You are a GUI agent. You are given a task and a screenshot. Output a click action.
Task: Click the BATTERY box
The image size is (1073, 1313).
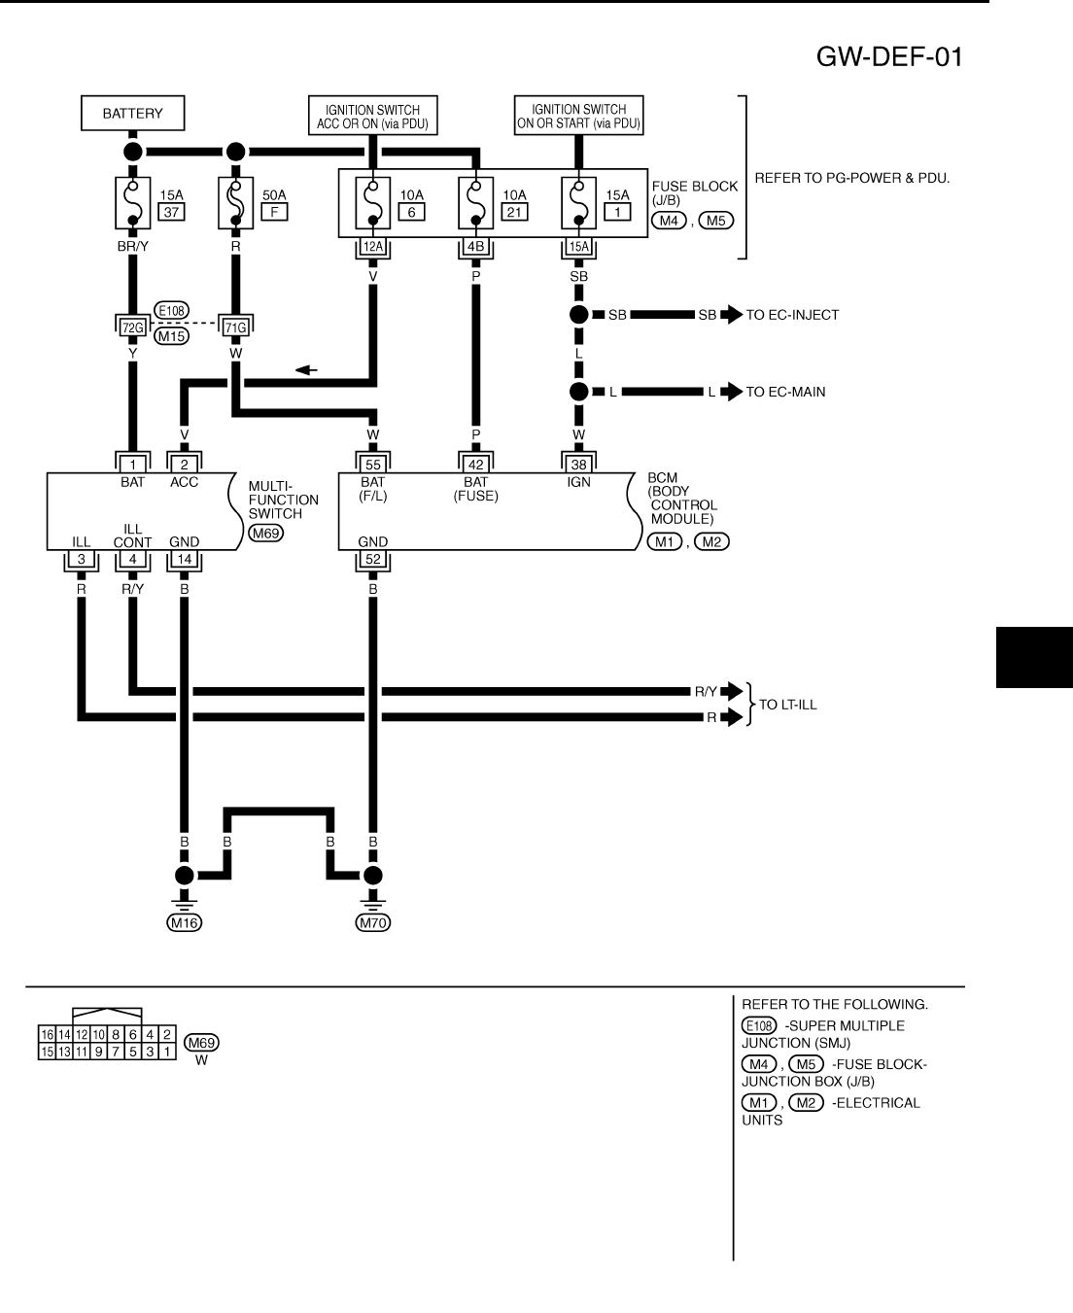[132, 114]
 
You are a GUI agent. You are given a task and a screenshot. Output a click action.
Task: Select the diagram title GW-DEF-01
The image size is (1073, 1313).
[889, 57]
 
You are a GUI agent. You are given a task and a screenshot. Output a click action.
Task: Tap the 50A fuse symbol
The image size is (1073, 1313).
[235, 202]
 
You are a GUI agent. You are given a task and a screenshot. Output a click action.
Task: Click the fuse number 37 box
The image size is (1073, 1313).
[171, 213]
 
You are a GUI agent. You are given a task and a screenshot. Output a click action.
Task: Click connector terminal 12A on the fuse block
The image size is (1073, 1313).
[372, 247]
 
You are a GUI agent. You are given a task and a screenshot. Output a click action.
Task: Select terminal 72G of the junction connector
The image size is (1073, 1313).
[132, 328]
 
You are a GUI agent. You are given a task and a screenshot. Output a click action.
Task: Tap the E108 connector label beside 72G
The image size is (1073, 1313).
[171, 311]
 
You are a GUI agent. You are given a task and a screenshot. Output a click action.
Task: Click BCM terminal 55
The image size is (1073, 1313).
[372, 465]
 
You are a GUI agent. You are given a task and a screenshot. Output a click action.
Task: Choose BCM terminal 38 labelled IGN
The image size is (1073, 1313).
[579, 465]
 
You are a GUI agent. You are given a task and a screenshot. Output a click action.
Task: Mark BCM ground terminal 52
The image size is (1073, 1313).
[372, 559]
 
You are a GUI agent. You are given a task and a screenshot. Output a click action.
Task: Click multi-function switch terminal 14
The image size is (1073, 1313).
[184, 559]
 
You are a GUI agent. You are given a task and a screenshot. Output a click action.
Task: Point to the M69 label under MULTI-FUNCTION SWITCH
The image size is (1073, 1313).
[265, 533]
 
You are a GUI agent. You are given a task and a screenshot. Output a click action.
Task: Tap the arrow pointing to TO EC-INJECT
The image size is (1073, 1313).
[731, 315]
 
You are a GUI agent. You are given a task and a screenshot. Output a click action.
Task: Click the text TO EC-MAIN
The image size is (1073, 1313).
[785, 392]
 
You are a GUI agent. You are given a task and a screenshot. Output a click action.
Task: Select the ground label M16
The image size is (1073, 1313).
[184, 923]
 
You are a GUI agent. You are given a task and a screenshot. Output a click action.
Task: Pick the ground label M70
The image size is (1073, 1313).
[372, 923]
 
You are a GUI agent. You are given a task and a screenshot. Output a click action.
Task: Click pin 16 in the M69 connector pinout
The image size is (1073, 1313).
[47, 1034]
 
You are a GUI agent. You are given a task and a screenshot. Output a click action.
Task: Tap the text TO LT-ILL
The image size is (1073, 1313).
[787, 705]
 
